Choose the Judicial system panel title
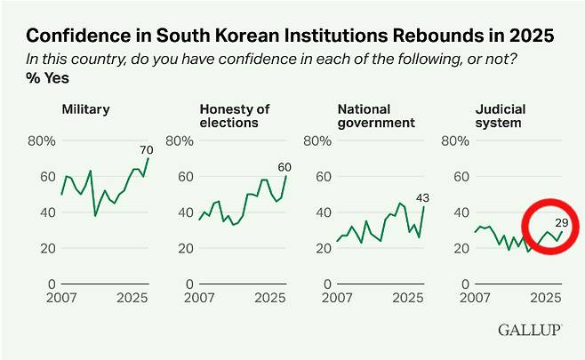(500, 116)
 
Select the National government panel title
(377, 116)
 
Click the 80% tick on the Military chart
(42, 140)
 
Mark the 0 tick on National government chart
(325, 284)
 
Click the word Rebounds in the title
(415, 36)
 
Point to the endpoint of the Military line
(148, 158)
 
